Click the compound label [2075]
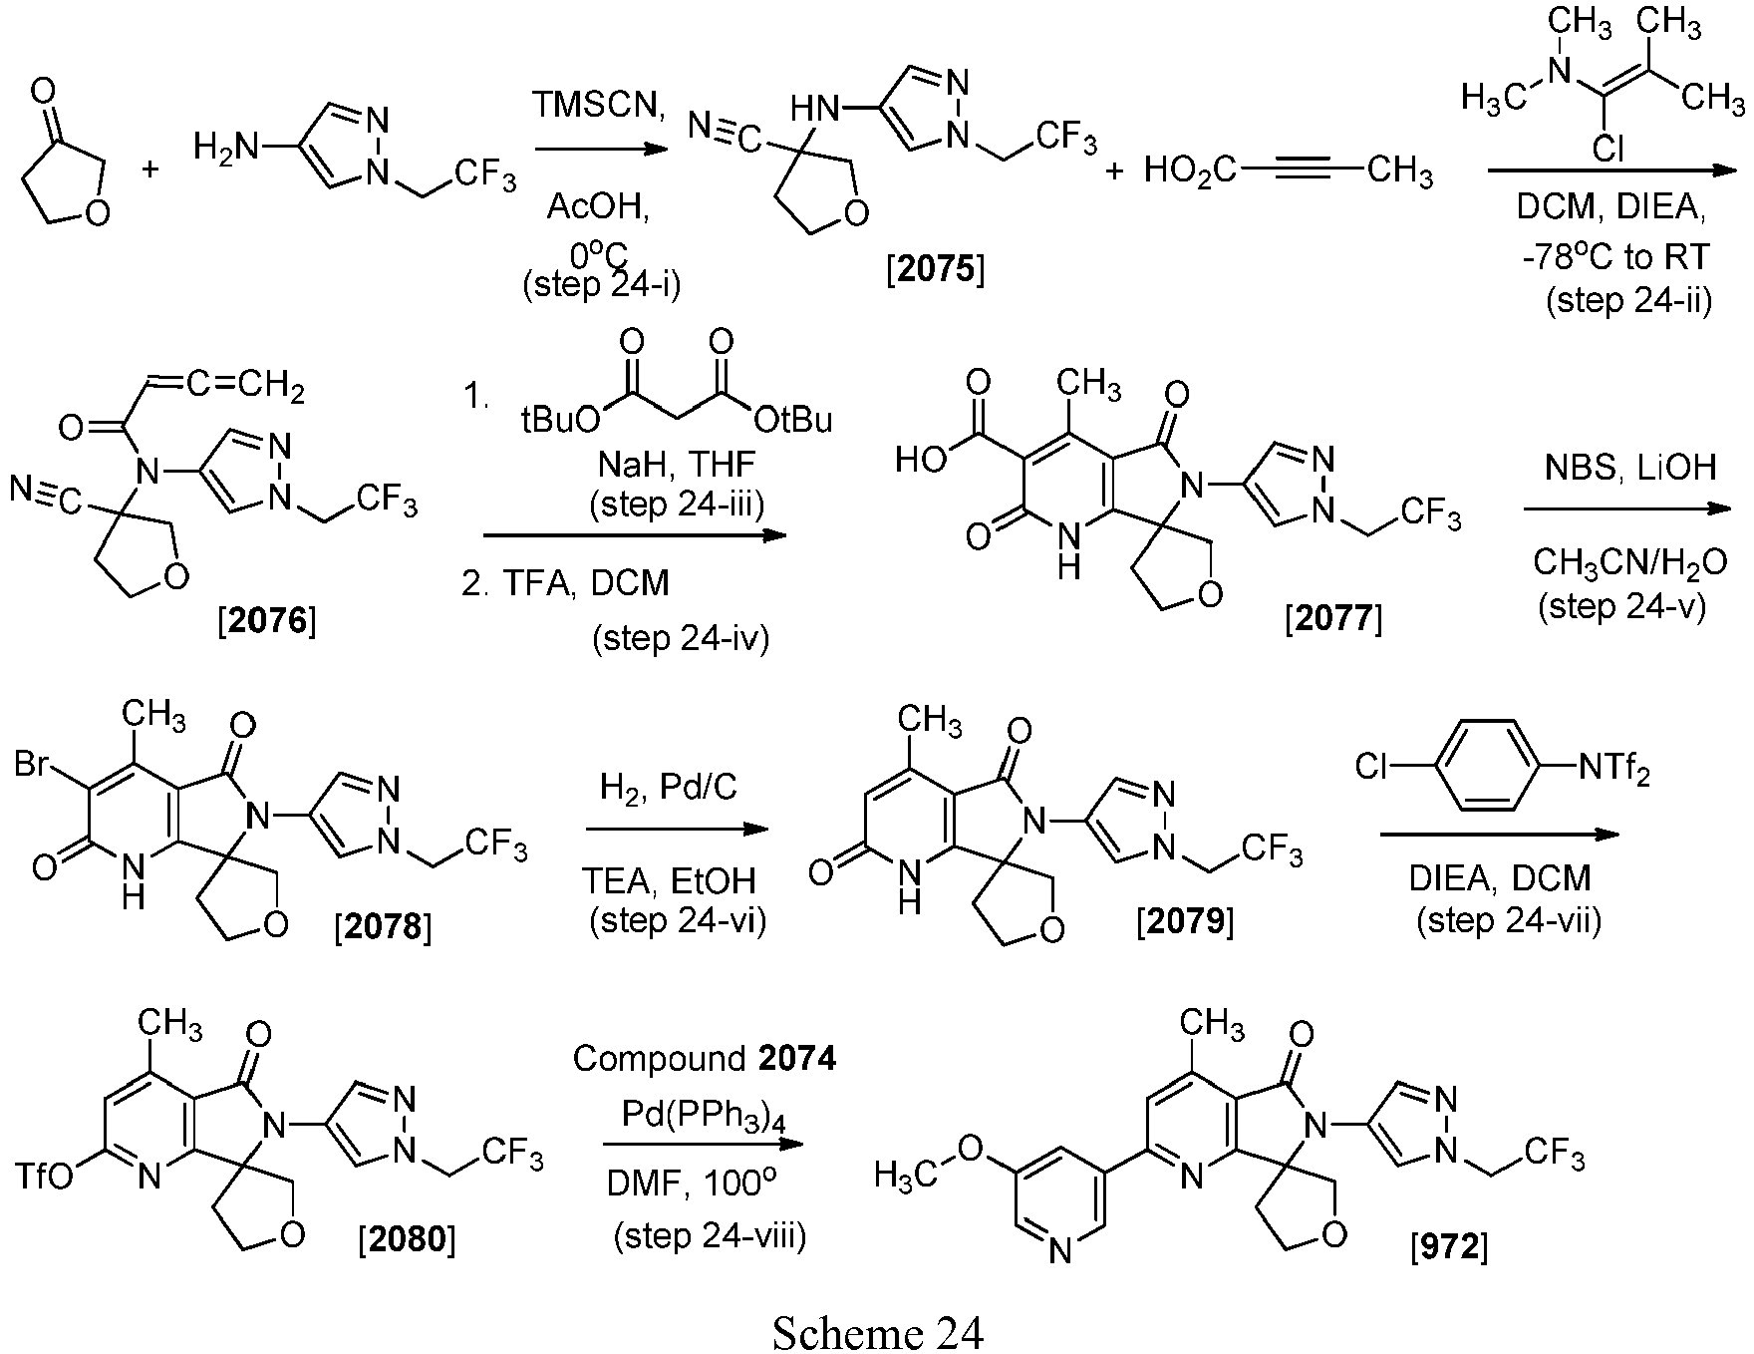935,271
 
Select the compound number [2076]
266,622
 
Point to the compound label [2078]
384,927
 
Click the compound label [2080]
407,1239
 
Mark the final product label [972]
1449,1246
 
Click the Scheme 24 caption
878,1332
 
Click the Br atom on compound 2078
34,765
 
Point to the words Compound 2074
704,1058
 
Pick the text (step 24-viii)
710,1236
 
